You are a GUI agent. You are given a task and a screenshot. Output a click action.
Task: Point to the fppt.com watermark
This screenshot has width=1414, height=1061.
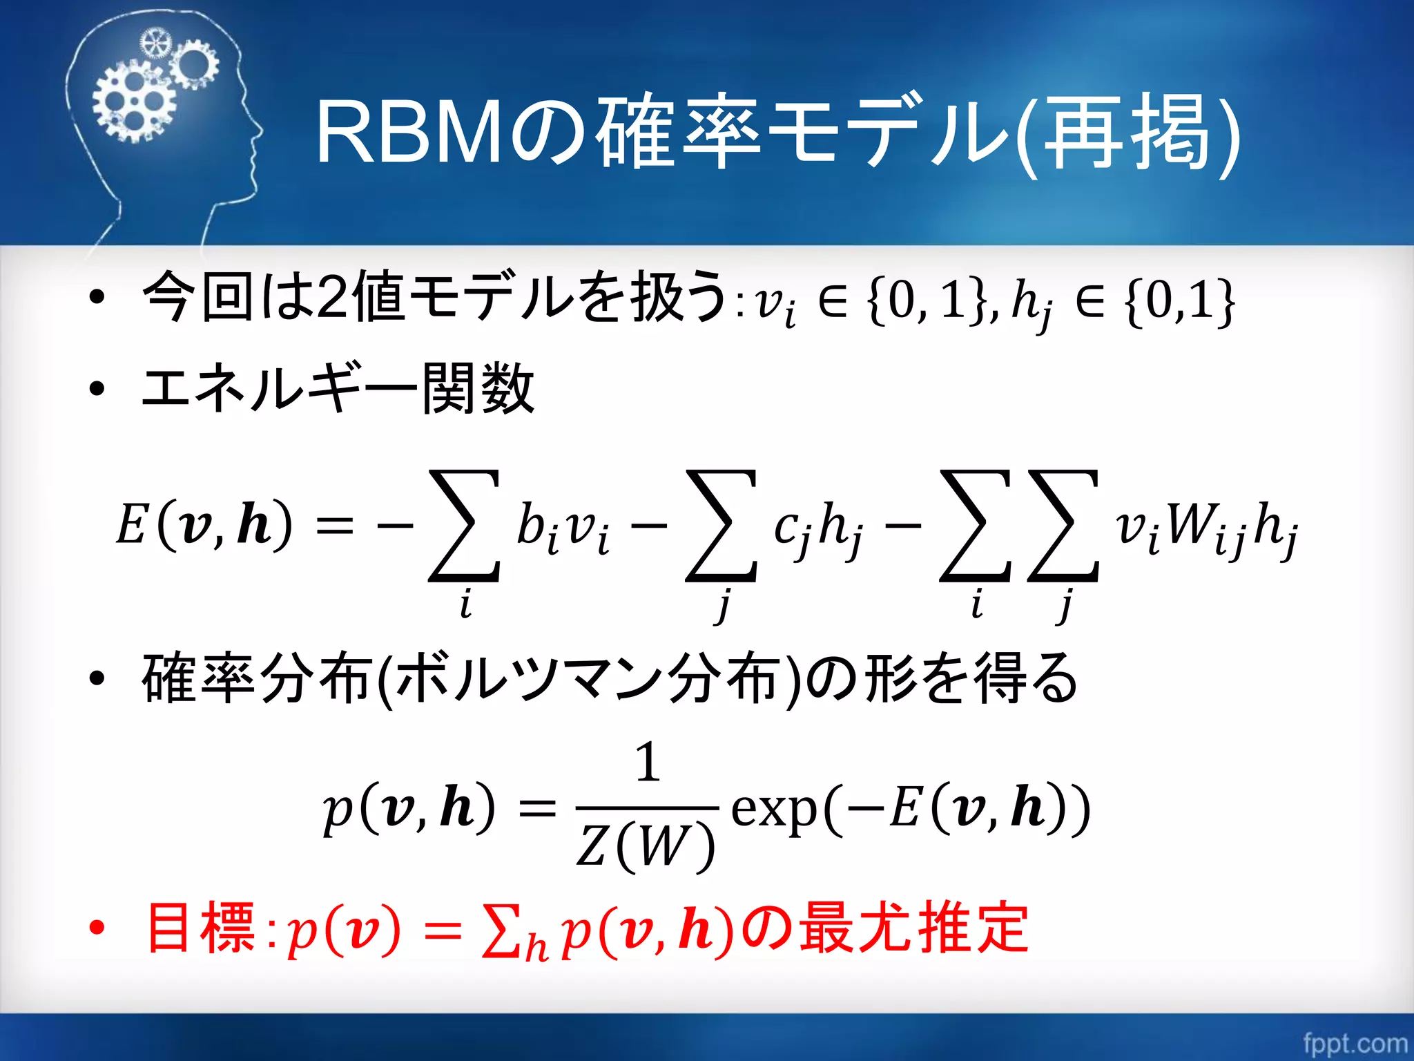(1355, 1042)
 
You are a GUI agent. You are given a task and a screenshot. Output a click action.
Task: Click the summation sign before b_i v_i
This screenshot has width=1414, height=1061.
(464, 525)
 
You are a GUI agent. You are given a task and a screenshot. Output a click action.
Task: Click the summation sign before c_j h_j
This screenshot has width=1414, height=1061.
(721, 525)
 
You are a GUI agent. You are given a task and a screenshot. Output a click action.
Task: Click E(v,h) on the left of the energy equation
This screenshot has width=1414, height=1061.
(204, 525)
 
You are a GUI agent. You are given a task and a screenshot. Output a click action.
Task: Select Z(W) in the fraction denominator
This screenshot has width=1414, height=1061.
(645, 846)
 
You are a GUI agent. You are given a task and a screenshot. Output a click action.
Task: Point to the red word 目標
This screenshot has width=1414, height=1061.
(200, 928)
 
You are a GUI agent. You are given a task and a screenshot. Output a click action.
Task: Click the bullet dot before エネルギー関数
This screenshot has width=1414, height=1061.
(97, 388)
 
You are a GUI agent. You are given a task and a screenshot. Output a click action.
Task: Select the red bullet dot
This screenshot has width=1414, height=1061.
(97, 928)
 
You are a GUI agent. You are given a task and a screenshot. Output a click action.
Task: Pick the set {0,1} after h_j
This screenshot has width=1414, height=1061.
(1179, 301)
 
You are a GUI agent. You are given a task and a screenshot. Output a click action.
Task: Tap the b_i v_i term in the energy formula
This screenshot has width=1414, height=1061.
(563, 529)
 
